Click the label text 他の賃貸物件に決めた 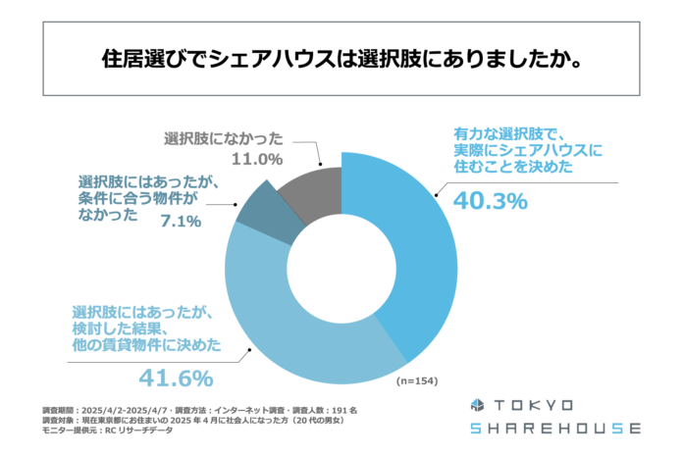(145, 345)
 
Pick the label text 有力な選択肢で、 (509, 131)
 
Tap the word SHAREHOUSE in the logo (554, 429)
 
